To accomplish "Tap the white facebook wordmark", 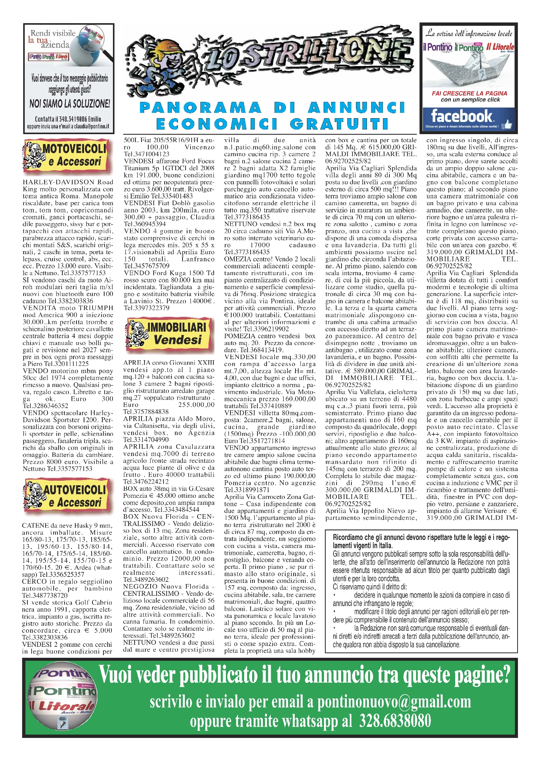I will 461,116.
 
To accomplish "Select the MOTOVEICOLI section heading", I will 74,149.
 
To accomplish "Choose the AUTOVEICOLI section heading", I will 75,490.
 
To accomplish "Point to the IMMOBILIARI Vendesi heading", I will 177,328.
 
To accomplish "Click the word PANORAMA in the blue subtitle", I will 201,108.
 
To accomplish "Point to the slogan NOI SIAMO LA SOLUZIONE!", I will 70,103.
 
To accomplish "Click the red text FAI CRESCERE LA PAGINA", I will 469,93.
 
